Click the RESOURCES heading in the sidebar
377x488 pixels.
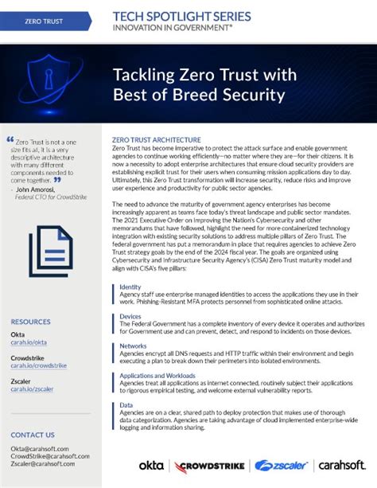click(30, 322)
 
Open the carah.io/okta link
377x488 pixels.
click(28, 344)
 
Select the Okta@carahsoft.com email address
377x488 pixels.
click(40, 449)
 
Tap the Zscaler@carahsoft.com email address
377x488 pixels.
click(44, 465)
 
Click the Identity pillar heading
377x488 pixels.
click(130, 287)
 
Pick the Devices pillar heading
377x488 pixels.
click(130, 316)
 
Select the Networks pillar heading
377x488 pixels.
click(132, 346)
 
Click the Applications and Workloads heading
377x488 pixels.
click(159, 375)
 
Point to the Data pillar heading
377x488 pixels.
click(126, 405)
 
